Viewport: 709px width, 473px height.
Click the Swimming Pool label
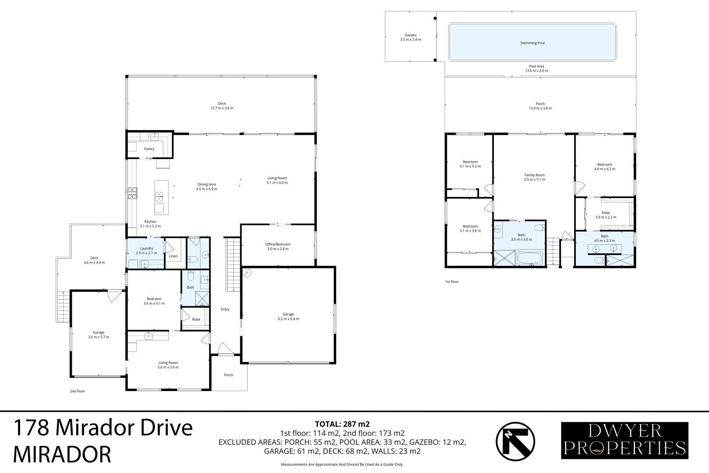532,43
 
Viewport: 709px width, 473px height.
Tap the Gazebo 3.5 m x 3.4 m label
410,37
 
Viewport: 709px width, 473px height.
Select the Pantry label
149,149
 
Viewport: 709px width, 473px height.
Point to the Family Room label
534,177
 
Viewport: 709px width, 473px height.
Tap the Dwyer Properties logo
625,440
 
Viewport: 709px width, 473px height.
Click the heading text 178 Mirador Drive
103,427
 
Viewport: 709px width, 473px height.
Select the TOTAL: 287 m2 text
342,424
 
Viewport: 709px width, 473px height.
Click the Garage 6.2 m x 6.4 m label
288,316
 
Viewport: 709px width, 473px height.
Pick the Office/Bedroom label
277,246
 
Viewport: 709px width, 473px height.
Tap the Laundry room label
146,251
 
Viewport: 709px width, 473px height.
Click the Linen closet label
173,256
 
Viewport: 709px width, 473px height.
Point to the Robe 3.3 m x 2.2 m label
606,215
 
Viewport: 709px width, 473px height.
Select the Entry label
225,309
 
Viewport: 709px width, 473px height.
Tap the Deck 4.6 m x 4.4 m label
94,260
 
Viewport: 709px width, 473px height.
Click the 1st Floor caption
452,282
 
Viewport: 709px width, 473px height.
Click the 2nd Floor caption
77,391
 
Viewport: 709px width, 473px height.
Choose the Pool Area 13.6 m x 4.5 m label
537,68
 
